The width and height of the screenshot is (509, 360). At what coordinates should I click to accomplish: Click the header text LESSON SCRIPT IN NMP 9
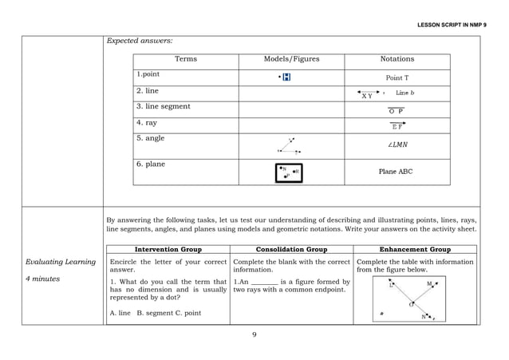[452, 25]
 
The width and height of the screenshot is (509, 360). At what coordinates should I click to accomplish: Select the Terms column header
[186, 59]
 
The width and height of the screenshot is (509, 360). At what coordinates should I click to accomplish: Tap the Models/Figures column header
[291, 59]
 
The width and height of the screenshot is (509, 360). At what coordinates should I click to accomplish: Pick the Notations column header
[397, 59]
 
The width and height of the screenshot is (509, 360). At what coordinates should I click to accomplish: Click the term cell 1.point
[148, 75]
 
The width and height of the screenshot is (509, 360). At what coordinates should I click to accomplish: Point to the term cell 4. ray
[147, 123]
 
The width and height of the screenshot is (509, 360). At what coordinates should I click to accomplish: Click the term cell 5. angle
[151, 138]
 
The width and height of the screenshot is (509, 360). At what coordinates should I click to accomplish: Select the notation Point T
[397, 78]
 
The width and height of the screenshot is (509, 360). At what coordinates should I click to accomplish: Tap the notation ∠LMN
[397, 145]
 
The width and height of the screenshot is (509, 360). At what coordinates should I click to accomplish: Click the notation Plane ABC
[396, 172]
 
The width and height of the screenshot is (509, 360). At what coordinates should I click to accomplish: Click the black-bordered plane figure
[289, 172]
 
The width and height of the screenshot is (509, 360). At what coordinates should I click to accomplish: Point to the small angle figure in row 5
[289, 145]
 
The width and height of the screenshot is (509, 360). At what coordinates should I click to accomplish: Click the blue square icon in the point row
[286, 77]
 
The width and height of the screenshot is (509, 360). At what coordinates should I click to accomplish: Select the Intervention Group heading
[168, 249]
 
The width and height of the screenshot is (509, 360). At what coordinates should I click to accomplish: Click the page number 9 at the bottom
[254, 334]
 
